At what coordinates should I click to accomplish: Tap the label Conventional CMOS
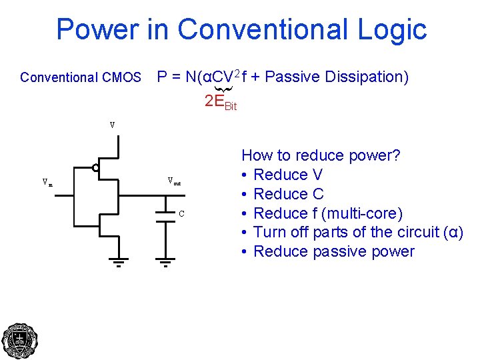click(81, 77)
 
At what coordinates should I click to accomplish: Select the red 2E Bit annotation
click(220, 102)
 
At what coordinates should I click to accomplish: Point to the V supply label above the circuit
click(112, 125)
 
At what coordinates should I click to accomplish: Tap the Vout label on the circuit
click(173, 181)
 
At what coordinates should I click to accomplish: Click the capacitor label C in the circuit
click(181, 213)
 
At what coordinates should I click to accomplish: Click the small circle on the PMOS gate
click(96, 168)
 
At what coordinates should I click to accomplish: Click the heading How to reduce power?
click(321, 155)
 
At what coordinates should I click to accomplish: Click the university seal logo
click(20, 341)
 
